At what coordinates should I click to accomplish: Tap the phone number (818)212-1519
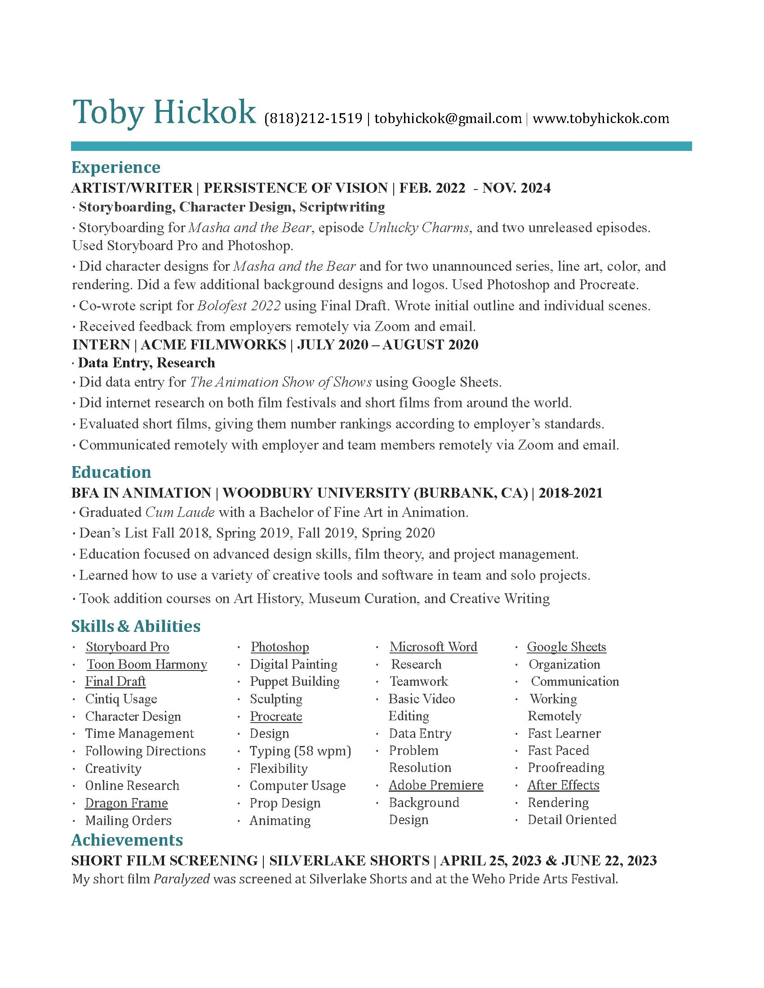313,119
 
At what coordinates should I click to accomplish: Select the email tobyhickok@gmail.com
448,119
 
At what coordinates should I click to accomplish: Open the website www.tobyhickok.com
600,119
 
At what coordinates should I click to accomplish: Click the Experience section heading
116,168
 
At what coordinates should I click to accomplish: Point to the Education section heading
111,472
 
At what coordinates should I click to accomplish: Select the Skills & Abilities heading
136,626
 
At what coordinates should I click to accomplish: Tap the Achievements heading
127,840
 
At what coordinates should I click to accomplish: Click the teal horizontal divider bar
381,146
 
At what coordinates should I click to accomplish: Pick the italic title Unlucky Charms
418,227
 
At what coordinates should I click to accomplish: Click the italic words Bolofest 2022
239,306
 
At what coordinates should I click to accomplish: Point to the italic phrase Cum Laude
180,512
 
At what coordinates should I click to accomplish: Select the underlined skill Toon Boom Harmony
147,664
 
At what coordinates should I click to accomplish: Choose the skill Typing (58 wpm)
301,751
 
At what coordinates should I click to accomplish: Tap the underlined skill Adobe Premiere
436,785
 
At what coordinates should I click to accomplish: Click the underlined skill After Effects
563,785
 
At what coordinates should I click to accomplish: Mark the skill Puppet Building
295,681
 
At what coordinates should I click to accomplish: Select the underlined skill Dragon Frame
126,803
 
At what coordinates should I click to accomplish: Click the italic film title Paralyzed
182,879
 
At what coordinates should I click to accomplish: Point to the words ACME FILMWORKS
213,345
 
